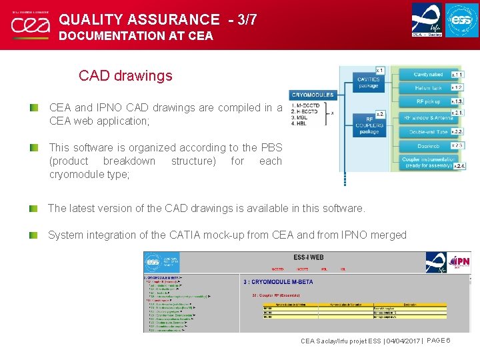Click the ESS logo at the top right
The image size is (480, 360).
point(461,20)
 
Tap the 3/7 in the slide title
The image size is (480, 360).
point(241,20)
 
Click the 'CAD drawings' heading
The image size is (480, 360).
point(125,75)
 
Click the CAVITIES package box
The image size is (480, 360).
point(369,81)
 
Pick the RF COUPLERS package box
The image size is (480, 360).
point(369,124)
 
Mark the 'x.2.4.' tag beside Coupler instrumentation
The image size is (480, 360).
point(459,165)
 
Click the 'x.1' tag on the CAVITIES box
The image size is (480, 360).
point(379,70)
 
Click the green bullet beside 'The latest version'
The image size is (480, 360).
point(33,209)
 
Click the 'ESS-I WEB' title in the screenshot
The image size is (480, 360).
point(309,257)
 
